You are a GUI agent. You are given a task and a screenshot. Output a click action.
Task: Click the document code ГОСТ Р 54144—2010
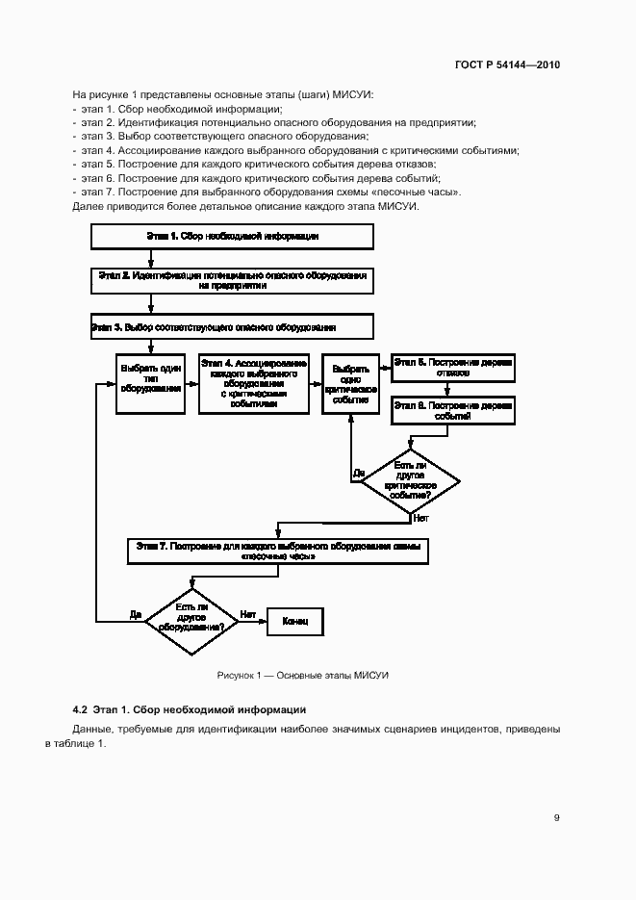(506, 65)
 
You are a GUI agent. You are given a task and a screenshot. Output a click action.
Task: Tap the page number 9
(556, 818)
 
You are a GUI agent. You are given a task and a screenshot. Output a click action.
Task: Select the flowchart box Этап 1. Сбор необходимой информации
(232, 236)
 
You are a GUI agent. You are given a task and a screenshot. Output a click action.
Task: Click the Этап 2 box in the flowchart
(232, 280)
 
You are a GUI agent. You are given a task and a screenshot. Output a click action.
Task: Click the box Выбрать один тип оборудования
(150, 383)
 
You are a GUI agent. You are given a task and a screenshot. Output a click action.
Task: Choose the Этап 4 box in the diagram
(254, 383)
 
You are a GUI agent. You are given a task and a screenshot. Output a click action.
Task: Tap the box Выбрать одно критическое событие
(350, 383)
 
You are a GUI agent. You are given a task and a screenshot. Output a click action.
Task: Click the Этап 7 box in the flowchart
(277, 550)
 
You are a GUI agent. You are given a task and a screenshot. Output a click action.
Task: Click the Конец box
(294, 622)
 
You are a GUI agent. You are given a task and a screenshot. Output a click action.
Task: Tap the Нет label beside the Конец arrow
(248, 613)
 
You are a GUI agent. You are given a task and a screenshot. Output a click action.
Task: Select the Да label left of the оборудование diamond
(136, 613)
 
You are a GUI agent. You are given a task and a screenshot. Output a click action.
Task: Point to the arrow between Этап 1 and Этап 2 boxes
(150, 258)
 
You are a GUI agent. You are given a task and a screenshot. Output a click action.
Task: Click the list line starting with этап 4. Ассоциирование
(298, 150)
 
